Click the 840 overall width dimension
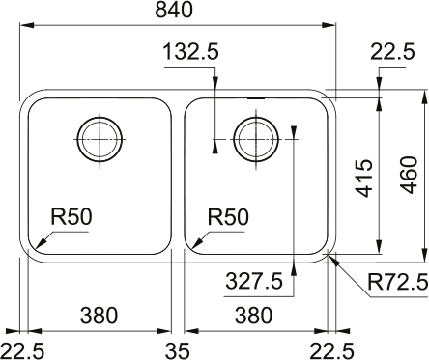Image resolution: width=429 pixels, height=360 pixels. (x=174, y=10)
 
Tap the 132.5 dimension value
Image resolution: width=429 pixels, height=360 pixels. (x=191, y=52)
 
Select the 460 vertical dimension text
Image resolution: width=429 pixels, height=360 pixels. (x=410, y=175)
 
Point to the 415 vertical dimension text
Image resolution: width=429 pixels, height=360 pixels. (x=364, y=178)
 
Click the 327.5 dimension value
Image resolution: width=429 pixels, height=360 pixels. (x=254, y=281)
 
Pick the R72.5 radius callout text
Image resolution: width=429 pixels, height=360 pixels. (x=398, y=283)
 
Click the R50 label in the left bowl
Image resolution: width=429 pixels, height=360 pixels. (x=71, y=216)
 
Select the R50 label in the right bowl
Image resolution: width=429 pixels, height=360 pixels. (x=228, y=217)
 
